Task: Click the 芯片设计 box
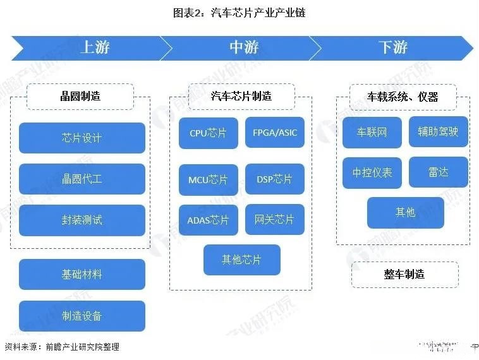coord(82,138)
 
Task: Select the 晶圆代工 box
coord(82,179)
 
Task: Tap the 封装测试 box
coord(82,220)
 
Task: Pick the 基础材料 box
coord(82,275)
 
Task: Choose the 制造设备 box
coord(82,316)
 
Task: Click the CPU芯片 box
coord(209,133)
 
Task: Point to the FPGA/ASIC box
coord(275,133)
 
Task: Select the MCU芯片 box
coord(209,179)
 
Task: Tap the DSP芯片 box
coord(275,179)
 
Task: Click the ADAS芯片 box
coord(209,220)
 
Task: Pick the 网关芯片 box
coord(275,220)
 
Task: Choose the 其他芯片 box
coord(241,260)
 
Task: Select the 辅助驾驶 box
coord(439,132)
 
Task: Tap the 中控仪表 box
coord(372,172)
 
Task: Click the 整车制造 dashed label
coord(404,274)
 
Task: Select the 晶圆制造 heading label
coord(80,97)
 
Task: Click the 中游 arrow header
coord(243,47)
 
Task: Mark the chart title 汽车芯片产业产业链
coord(239,12)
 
